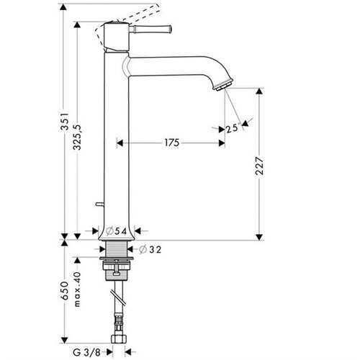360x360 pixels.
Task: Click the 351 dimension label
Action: (x=64, y=121)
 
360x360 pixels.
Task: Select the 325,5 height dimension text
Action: (x=77, y=138)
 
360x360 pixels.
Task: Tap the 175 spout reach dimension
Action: (x=172, y=143)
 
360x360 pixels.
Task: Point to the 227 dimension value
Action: (x=259, y=166)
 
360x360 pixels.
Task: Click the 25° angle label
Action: (x=233, y=128)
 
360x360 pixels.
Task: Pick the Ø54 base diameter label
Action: (x=117, y=231)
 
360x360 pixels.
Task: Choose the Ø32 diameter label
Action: (x=150, y=250)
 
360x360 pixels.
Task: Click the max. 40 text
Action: (x=77, y=289)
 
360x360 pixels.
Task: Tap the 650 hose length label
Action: (x=64, y=291)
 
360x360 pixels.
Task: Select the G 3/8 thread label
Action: (x=86, y=352)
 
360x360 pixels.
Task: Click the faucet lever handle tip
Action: (x=170, y=29)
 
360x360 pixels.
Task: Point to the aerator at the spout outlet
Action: (x=224, y=85)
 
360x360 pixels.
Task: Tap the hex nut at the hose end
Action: (x=119, y=339)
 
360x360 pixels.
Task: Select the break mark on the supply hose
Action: (x=119, y=298)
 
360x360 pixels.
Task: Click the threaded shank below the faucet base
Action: (x=117, y=249)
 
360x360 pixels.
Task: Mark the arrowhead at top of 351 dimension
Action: (x=63, y=7)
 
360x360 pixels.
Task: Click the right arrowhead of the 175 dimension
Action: (x=222, y=143)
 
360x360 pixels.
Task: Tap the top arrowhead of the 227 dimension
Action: (x=259, y=91)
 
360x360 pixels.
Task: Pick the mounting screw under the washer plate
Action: (x=117, y=267)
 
